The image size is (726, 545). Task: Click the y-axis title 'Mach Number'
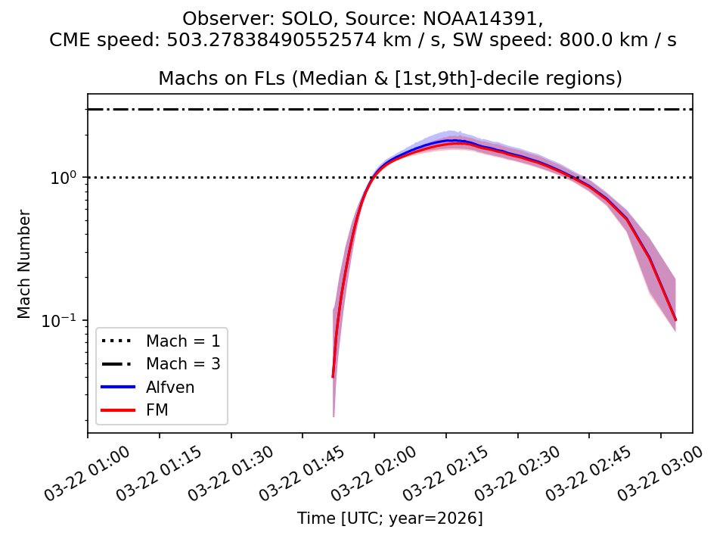click(25, 264)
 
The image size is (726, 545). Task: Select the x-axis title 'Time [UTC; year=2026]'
click(389, 519)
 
